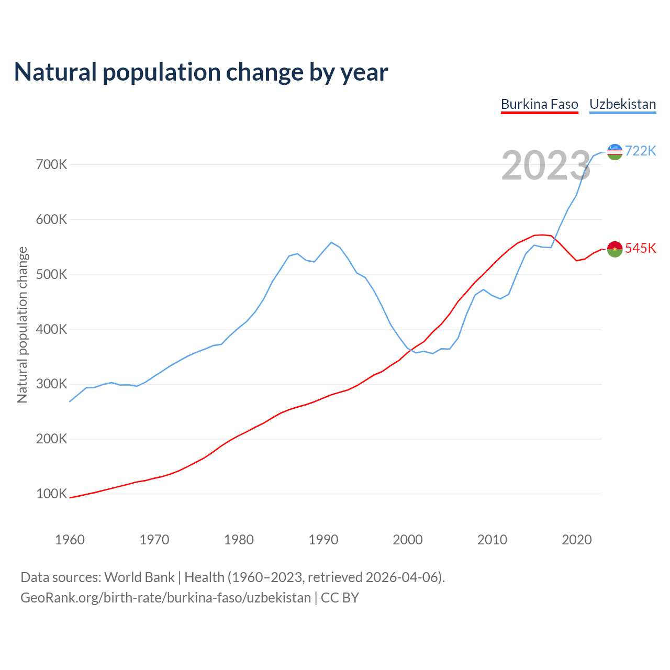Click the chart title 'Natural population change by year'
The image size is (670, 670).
coord(201,72)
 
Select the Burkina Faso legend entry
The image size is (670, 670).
coord(539,104)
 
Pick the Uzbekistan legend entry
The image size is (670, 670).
coord(622,104)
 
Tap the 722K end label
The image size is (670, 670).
coord(640,151)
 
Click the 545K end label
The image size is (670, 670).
coord(640,248)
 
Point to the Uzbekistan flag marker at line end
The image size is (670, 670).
coord(615,152)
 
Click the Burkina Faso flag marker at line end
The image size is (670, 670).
coord(615,249)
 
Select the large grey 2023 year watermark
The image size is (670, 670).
coord(546,165)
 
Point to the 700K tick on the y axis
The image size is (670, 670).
coord(52,165)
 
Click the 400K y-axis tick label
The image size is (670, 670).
coord(52,329)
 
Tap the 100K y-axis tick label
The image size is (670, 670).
coord(52,494)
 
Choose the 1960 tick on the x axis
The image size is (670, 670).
coord(70,540)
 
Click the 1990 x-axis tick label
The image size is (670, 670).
coord(323,540)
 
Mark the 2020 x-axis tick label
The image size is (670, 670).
coord(576,540)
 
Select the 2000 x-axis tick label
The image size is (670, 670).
coord(408,540)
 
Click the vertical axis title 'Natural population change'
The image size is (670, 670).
coord(23,325)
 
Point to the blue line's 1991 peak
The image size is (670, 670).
coord(331,242)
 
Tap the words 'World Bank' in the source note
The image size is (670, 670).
coord(139,577)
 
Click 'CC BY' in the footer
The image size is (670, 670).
coord(340,598)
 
